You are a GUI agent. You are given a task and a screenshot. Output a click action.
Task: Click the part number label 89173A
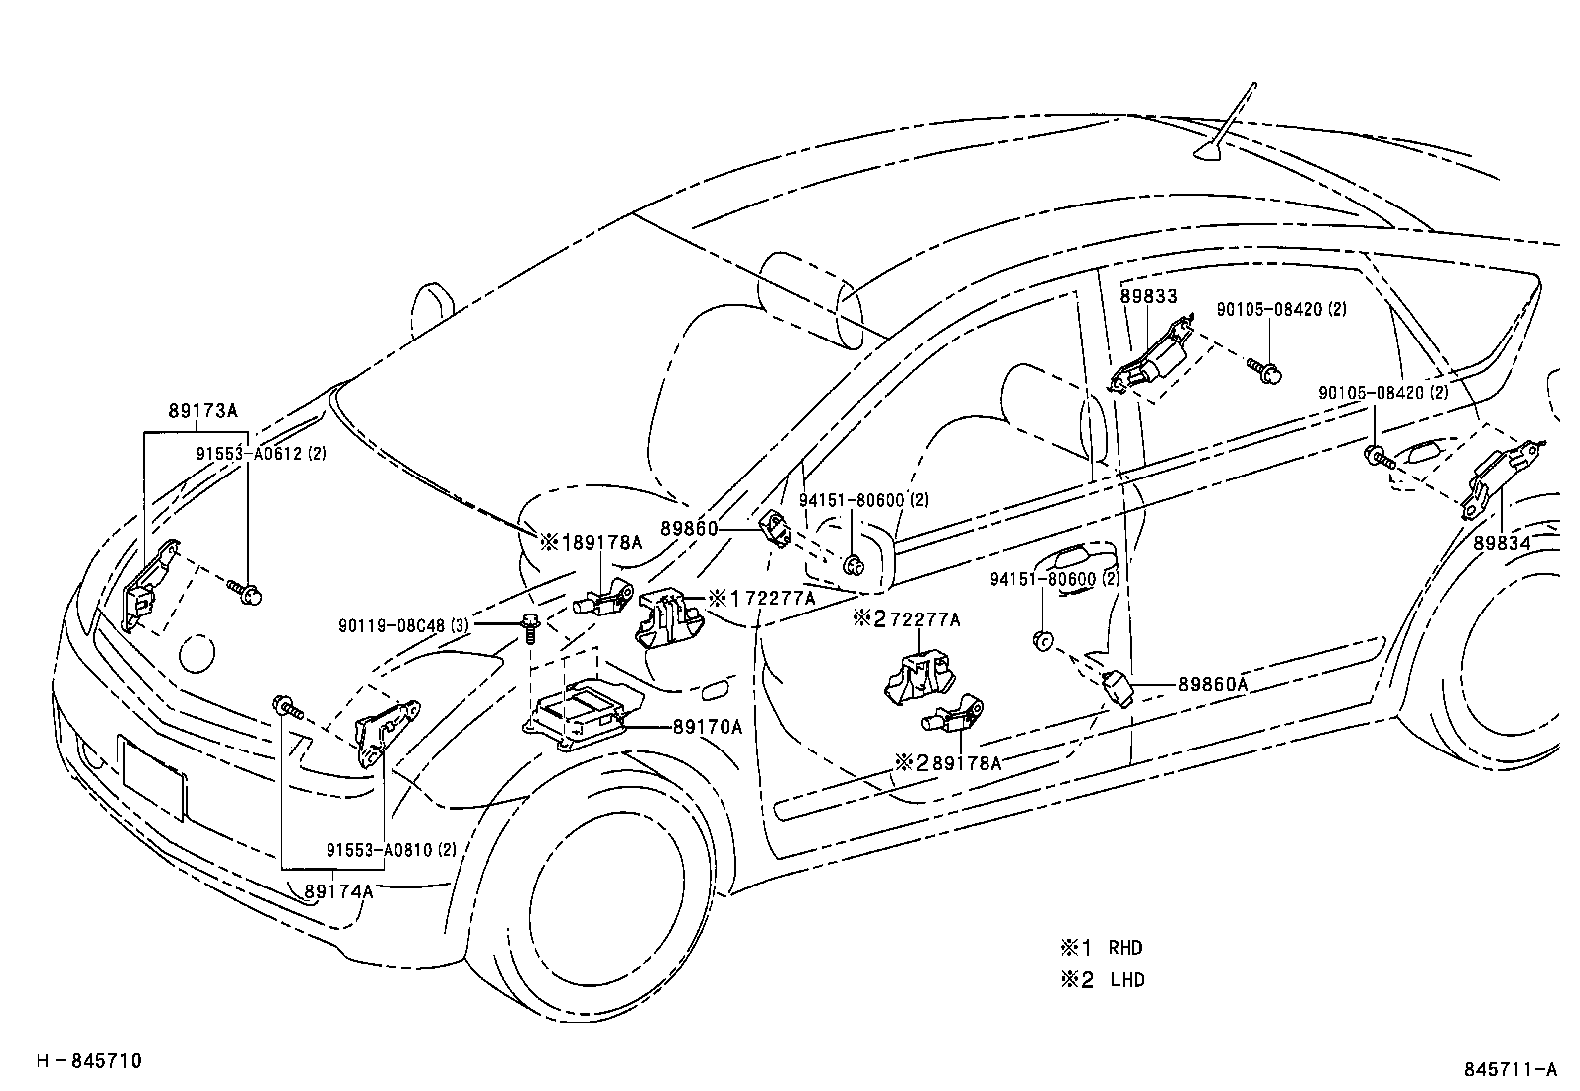point(202,411)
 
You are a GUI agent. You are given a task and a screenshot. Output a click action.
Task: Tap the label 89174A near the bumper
point(338,891)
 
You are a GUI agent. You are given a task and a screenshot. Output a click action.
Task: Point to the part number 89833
point(1148,296)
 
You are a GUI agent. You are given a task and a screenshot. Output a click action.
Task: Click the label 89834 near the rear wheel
point(1502,543)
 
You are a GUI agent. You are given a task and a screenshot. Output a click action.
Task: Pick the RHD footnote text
point(1125,947)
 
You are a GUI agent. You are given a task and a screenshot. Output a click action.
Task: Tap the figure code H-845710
point(89,1061)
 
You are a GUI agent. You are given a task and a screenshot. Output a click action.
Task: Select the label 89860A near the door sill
point(1213,684)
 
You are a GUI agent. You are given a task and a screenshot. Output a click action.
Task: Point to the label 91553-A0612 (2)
point(261,454)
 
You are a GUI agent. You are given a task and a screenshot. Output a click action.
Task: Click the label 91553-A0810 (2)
point(391,850)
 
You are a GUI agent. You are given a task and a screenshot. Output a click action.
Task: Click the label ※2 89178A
point(948,762)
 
